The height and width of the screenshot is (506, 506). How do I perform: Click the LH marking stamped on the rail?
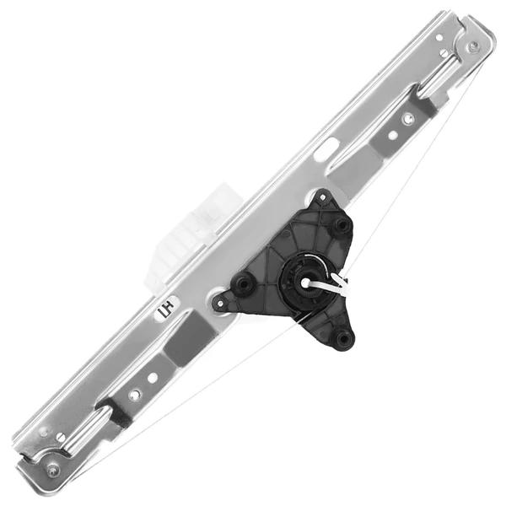pyautogui.click(x=165, y=310)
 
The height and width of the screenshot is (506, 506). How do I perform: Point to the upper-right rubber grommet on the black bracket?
pyautogui.click(x=341, y=225)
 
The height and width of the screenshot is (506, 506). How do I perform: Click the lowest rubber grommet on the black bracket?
pyautogui.click(x=342, y=340)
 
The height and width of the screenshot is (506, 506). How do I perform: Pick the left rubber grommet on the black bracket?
pyautogui.click(x=244, y=284)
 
